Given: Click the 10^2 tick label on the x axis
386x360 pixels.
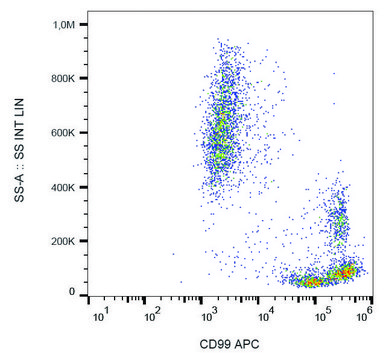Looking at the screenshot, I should (156, 318).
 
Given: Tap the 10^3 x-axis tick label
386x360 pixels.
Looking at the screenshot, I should (210, 318).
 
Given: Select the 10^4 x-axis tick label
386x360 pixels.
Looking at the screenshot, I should (264, 318).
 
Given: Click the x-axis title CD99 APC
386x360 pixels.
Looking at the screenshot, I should (229, 345).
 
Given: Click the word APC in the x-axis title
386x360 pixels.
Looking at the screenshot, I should (246, 345).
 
